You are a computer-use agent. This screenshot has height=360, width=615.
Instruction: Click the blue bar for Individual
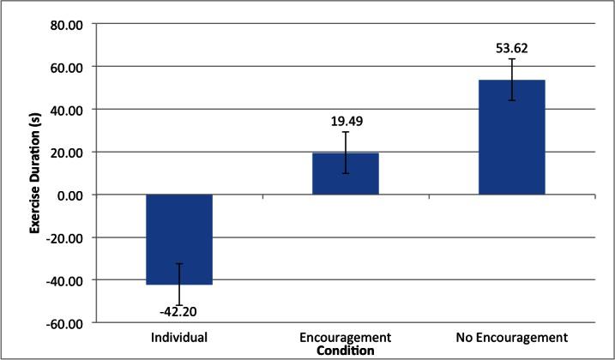[179, 239]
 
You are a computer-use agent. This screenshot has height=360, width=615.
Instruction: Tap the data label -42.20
[179, 312]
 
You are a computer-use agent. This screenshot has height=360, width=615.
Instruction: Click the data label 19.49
[346, 122]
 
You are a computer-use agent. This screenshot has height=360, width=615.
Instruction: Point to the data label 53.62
[512, 49]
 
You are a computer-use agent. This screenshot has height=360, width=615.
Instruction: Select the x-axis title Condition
[345, 351]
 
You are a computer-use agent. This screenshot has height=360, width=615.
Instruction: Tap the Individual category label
[179, 338]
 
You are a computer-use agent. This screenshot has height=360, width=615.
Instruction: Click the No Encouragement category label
[511, 338]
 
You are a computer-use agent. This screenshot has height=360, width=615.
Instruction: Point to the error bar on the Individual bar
[179, 284]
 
